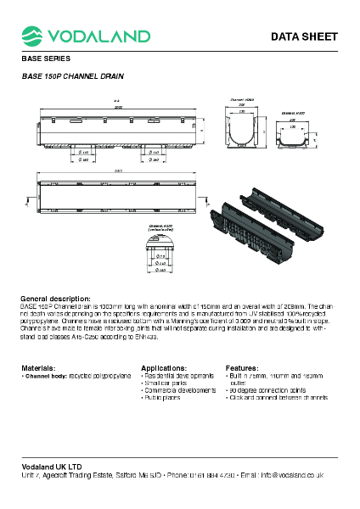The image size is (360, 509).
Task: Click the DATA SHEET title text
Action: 304,36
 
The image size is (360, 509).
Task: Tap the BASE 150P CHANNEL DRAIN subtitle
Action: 72,76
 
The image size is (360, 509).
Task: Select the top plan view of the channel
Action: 118,194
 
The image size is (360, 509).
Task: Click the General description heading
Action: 55,299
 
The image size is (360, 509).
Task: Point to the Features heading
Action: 242,367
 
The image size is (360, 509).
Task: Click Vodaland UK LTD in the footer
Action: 52,467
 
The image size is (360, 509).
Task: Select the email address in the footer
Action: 301,475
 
